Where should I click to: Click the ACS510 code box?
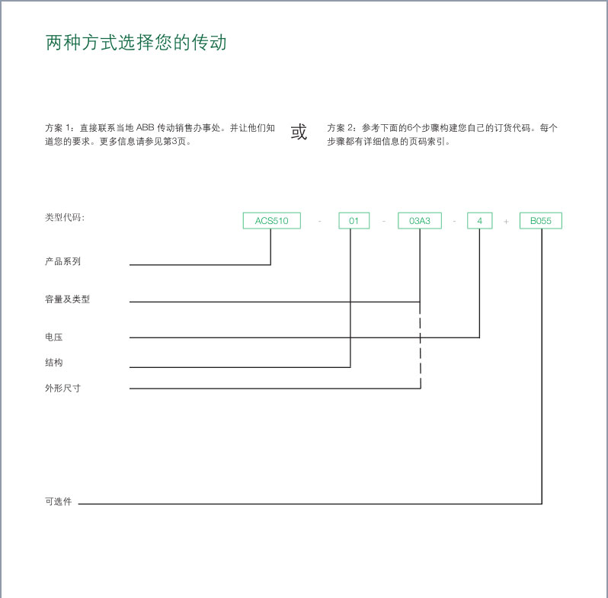[x=271, y=221]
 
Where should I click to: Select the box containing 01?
[x=354, y=221]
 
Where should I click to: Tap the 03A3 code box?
[x=420, y=221]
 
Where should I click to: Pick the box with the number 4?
[x=480, y=221]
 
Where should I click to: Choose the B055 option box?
[x=540, y=221]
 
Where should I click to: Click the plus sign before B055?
[x=506, y=222]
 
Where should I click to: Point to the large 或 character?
[x=299, y=132]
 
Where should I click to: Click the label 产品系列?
[x=62, y=261]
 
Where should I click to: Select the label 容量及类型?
[x=68, y=299]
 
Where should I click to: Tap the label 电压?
[x=54, y=337]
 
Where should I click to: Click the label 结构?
[x=54, y=363]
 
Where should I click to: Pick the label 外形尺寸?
[x=62, y=388]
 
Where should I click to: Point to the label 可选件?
[x=59, y=501]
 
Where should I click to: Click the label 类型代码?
[x=65, y=217]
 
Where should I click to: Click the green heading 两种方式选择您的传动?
[x=136, y=42]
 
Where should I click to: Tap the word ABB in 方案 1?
[x=145, y=127]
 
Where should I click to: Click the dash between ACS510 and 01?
[x=320, y=221]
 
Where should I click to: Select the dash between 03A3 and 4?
[x=454, y=221]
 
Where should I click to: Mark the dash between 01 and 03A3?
[x=384, y=221]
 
